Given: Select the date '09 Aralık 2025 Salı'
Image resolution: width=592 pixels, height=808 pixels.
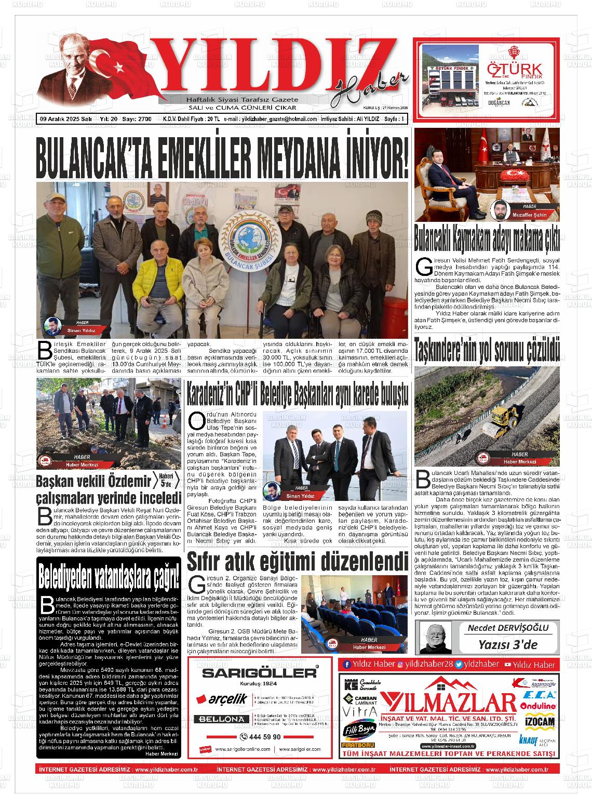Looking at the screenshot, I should pyautogui.click(x=66, y=119).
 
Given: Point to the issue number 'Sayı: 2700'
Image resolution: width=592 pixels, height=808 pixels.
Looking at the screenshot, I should pyautogui.click(x=137, y=119).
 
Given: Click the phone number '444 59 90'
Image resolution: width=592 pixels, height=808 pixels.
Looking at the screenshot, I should pyautogui.click(x=261, y=737).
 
